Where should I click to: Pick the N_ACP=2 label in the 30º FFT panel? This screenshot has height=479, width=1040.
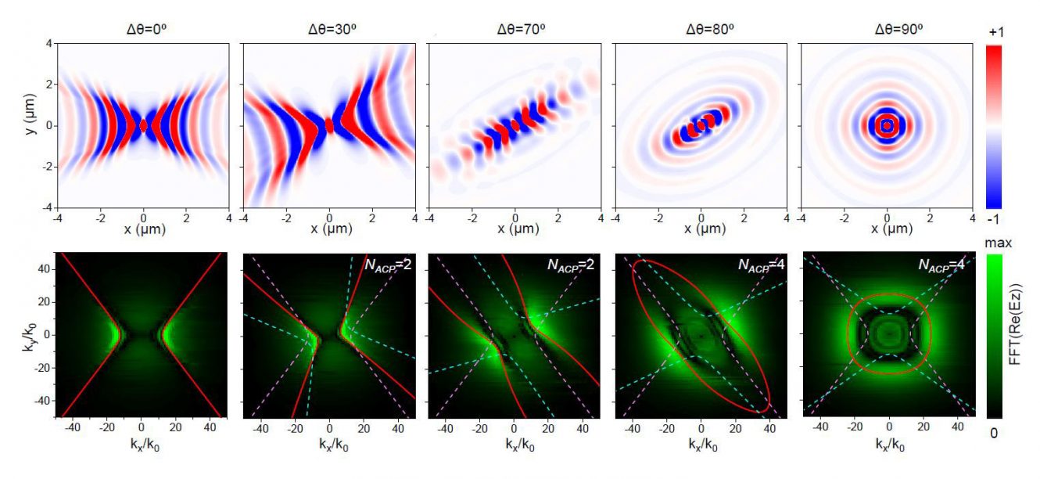click(390, 265)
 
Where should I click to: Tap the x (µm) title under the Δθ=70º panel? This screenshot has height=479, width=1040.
click(515, 229)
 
